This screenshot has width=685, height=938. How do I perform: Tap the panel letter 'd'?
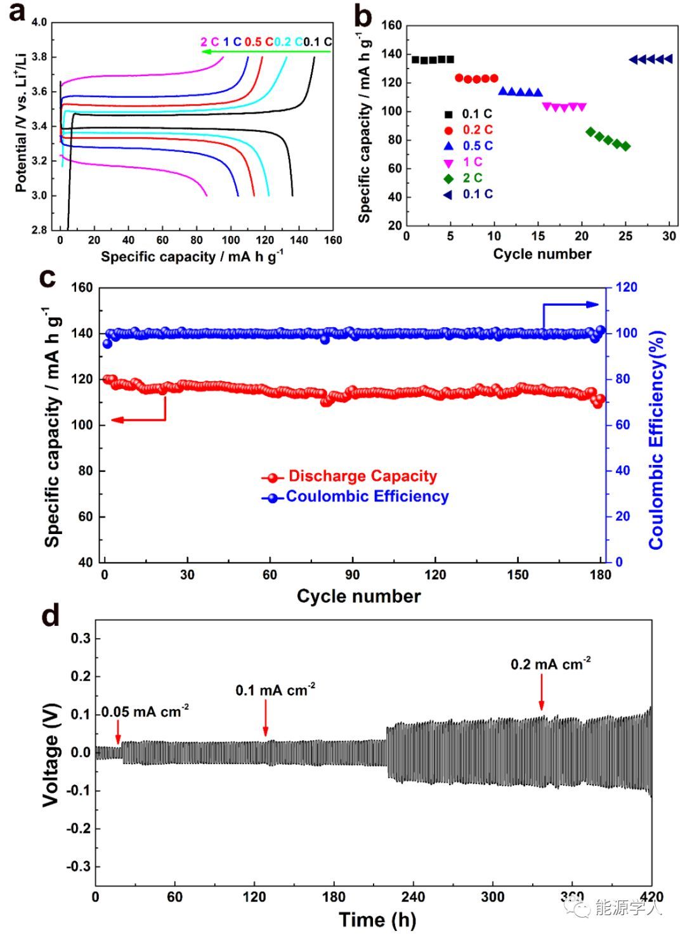point(51,616)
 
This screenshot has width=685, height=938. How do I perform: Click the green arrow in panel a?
point(266,52)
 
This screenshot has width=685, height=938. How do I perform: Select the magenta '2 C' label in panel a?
point(210,42)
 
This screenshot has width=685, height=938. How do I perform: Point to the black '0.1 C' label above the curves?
point(317,42)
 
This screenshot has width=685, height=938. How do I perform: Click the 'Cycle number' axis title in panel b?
point(542,254)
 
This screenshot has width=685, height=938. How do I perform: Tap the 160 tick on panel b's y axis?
point(392,25)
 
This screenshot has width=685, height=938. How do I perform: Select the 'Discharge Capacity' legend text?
point(362,476)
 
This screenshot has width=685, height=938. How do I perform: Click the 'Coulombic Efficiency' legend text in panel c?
point(367,497)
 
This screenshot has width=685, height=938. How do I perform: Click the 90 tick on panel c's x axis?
point(352,575)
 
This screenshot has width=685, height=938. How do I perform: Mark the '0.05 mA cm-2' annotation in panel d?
point(145,712)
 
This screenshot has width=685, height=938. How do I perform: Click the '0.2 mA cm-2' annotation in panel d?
point(551,665)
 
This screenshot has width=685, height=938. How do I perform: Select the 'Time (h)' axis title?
point(377,920)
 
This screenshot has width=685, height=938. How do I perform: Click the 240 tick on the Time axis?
point(413,897)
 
